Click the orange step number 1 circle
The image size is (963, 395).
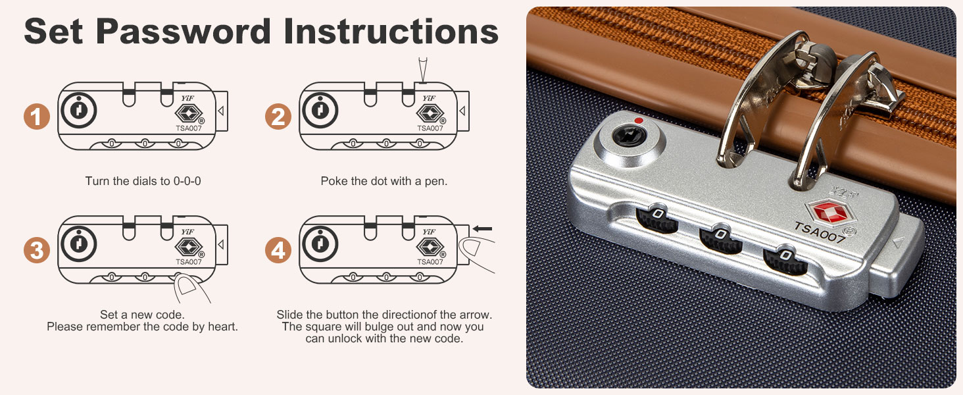(37, 117)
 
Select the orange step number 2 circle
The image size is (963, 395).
(278, 117)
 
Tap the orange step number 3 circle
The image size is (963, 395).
(37, 250)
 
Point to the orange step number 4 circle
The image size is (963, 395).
(278, 250)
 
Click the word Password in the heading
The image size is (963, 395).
(184, 32)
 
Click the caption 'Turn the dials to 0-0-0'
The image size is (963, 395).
(143, 181)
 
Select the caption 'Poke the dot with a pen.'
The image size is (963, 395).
(384, 181)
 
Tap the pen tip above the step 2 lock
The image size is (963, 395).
(423, 80)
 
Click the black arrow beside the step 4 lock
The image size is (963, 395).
(482, 229)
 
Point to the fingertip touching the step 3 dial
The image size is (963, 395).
(187, 284)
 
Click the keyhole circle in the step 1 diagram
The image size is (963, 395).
(79, 110)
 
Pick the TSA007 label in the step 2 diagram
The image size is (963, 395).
(430, 128)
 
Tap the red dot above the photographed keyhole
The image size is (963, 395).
(639, 121)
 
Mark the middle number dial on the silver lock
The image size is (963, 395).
(720, 240)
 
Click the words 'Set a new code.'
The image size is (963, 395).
(142, 315)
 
